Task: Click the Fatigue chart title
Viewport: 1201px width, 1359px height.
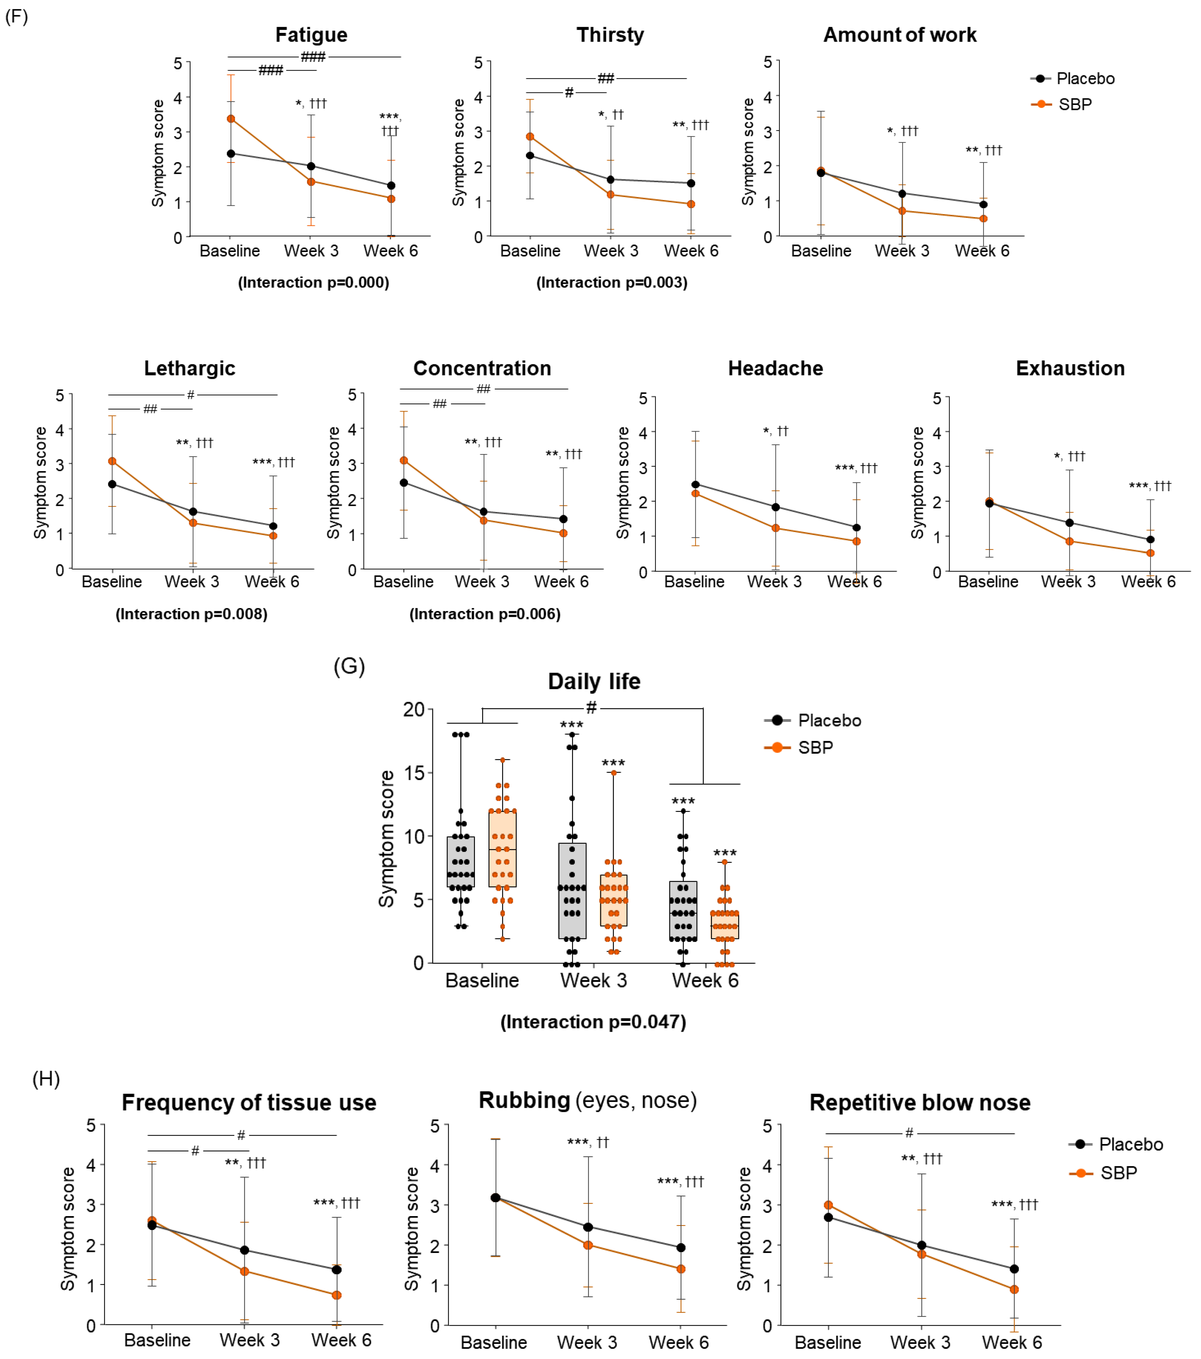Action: pos(311,35)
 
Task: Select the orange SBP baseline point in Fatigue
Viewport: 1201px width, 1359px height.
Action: pos(231,119)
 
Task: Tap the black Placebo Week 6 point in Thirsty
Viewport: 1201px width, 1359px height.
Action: pos(691,183)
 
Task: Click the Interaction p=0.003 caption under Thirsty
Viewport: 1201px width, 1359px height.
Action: pos(611,282)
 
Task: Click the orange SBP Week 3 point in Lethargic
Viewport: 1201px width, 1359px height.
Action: pos(193,523)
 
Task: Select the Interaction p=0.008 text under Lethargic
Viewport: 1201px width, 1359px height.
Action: pos(191,614)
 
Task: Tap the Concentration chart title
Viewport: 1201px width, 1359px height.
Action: pos(482,368)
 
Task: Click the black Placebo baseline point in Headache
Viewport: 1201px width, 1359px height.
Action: pos(695,485)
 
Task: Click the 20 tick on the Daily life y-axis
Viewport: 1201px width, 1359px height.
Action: pos(413,709)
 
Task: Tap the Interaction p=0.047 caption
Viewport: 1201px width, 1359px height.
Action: pos(593,1022)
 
